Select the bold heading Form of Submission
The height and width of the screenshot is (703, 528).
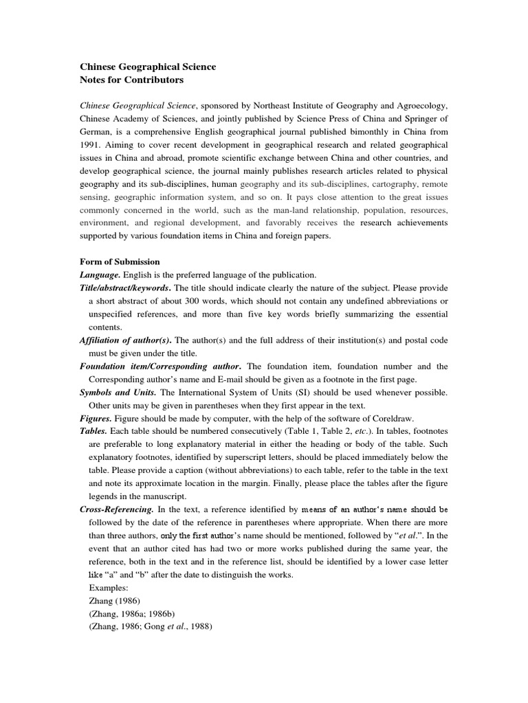120,262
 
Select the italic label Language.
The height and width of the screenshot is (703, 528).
101,275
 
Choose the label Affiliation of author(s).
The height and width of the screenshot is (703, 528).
126,340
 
